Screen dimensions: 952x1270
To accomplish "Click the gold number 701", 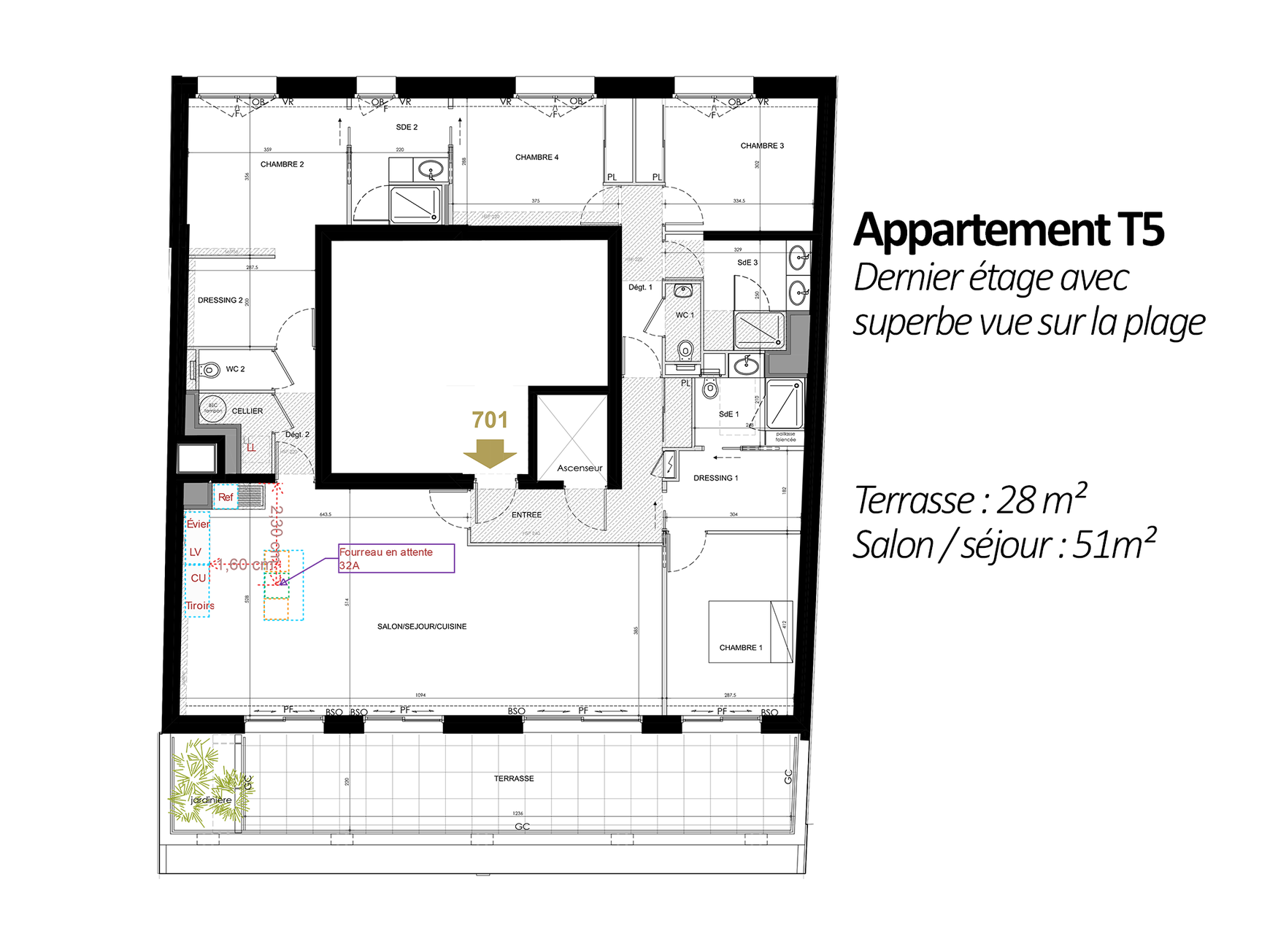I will [x=490, y=420].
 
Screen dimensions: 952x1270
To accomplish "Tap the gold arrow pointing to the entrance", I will [x=490, y=453].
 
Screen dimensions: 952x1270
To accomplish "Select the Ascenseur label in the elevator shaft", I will [x=580, y=468].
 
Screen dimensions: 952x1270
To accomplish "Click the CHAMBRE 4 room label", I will [x=536, y=158].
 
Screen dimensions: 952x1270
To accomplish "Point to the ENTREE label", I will [x=526, y=515].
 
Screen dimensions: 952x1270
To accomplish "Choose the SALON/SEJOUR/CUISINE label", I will [x=421, y=627].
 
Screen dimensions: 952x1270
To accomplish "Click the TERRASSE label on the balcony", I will [x=514, y=779].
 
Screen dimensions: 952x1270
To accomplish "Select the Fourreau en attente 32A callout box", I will [x=396, y=559].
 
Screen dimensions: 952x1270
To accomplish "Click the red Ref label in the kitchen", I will [x=226, y=498].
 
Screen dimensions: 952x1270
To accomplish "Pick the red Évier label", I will [x=198, y=525].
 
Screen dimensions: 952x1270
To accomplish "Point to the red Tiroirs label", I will [x=199, y=606].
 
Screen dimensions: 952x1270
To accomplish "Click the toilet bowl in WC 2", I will [x=210, y=371].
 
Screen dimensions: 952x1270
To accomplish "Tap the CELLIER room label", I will [x=247, y=411].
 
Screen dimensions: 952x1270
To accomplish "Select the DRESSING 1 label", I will [x=715, y=479].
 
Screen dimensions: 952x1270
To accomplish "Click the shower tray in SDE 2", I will [x=415, y=204].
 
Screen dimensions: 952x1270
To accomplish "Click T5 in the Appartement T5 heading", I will [x=1139, y=231].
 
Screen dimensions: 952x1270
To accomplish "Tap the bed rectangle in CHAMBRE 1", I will [x=750, y=632].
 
